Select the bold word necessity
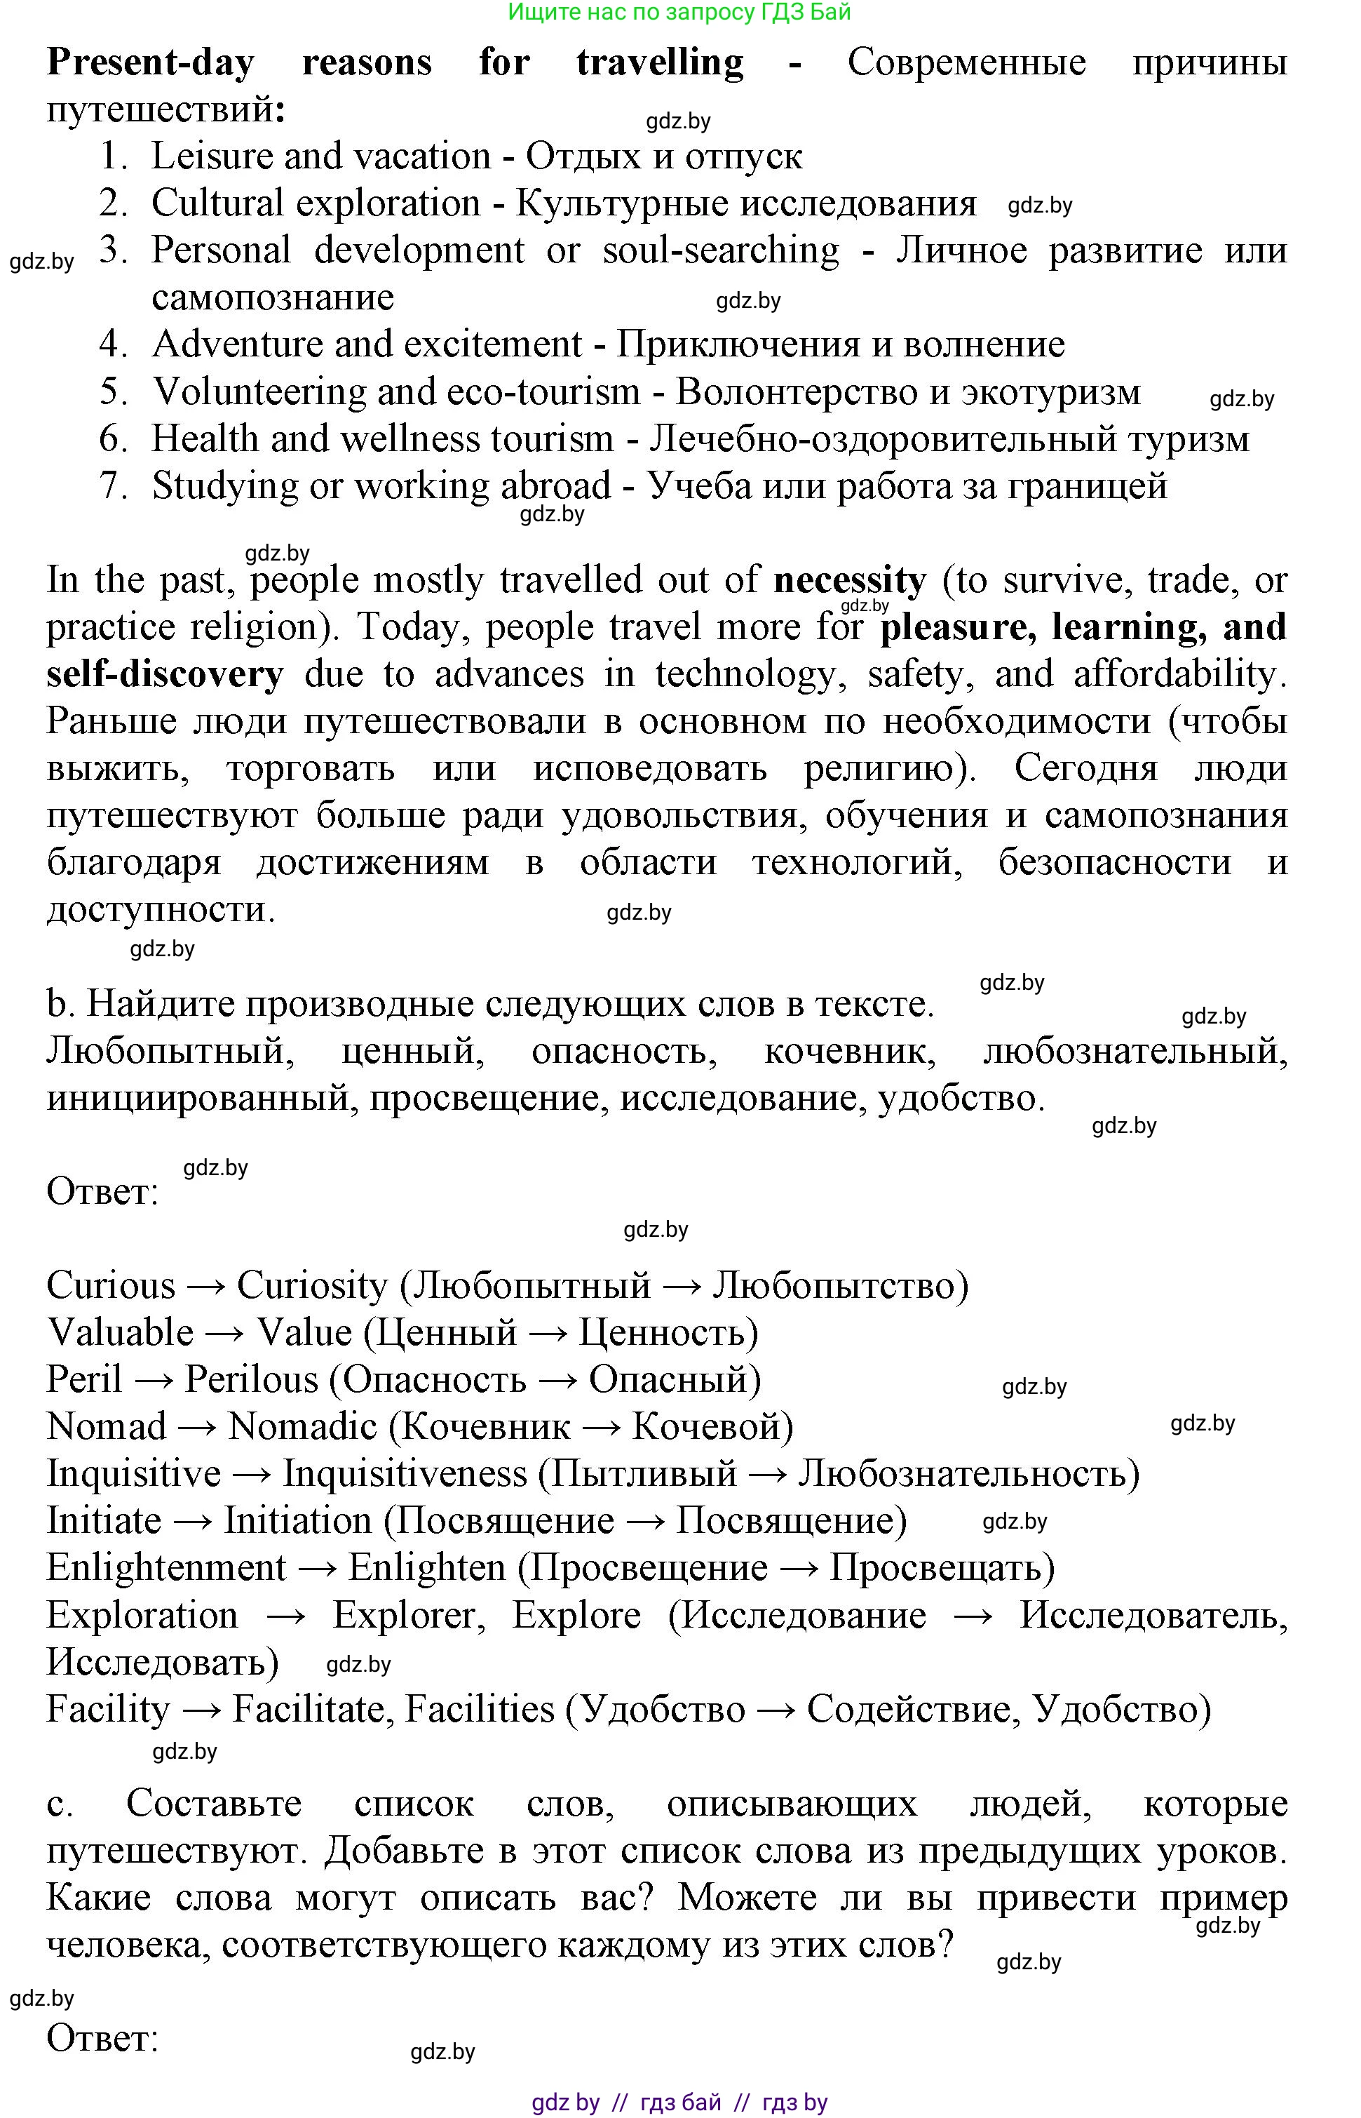coord(849,581)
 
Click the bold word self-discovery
coord(165,674)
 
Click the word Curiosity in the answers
coord(312,1285)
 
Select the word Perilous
coord(251,1380)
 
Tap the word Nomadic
coord(302,1427)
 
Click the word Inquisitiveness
coord(404,1473)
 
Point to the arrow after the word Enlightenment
coord(316,1568)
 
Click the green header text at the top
coord(679,11)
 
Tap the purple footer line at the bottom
coord(679,2102)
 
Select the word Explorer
coord(408,1615)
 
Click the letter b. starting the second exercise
coord(57,1004)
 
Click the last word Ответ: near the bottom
coord(102,2039)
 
